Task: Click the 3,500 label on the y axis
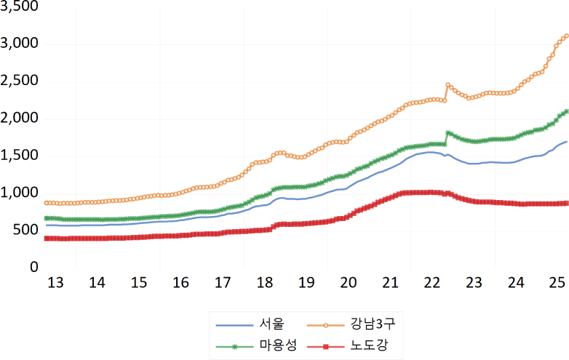[19, 7]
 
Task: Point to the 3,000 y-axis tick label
[19, 44]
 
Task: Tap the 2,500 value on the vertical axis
[19, 81]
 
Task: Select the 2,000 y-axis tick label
[19, 119]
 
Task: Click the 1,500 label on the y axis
[19, 156]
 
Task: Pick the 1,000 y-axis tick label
[19, 193]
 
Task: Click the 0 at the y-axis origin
[33, 268]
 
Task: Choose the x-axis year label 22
[432, 282]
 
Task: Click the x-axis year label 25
[558, 282]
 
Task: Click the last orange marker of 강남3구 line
[566, 36]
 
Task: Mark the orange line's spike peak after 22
[448, 84]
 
